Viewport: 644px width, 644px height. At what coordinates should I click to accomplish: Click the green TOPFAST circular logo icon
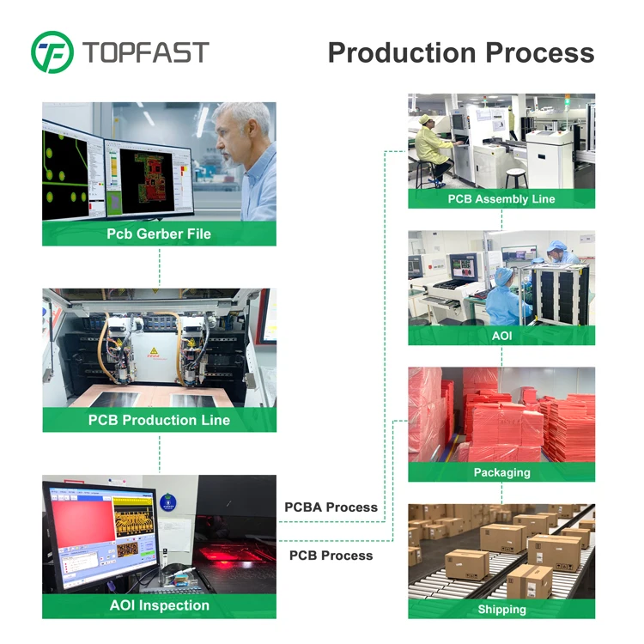52,52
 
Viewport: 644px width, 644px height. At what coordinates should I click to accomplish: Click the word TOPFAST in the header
145,52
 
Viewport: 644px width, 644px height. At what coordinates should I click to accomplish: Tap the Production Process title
461,52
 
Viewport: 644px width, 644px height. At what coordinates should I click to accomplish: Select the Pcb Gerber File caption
159,234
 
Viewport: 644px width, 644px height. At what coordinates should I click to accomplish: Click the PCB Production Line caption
159,420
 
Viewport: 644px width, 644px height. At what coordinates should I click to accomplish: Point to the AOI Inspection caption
159,605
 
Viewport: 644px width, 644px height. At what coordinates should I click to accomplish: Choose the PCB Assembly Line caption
501,199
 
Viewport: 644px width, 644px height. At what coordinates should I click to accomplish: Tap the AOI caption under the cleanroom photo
501,335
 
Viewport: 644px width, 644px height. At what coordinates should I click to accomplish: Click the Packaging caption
501,472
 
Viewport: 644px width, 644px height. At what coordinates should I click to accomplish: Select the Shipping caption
501,609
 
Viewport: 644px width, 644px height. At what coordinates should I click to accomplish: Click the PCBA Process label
331,507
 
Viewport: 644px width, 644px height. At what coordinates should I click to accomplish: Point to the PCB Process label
331,556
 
